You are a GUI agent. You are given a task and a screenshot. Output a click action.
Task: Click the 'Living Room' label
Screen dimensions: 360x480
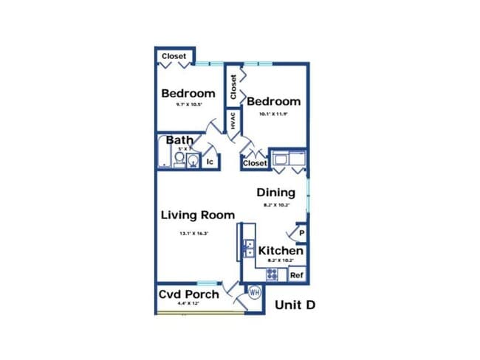[198, 215]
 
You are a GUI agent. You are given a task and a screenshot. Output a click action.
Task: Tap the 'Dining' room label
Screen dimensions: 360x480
[276, 193]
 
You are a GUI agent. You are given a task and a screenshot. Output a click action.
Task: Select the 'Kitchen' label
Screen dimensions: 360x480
[281, 251]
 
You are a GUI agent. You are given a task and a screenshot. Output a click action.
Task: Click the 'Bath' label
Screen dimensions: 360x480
[179, 140]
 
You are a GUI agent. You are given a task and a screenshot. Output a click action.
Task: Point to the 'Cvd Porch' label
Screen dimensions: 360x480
[189, 295]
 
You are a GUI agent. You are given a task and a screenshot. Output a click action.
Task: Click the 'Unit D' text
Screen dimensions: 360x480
[295, 305]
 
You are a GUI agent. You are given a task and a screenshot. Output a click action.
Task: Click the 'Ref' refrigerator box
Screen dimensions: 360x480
[297, 275]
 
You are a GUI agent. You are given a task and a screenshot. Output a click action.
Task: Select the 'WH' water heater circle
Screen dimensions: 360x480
[255, 292]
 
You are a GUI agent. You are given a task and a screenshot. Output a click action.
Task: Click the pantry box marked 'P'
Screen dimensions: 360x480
[301, 234]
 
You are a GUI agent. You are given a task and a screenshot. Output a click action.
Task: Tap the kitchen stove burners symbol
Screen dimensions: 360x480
[272, 274]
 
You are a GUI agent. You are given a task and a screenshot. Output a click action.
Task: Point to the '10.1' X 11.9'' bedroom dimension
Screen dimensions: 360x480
[273, 114]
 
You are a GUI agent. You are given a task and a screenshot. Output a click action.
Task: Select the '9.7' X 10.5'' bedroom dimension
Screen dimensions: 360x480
[188, 105]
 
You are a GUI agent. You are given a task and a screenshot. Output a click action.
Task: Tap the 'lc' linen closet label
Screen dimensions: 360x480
[210, 162]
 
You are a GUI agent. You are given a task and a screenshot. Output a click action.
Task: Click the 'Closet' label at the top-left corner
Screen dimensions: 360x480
[174, 56]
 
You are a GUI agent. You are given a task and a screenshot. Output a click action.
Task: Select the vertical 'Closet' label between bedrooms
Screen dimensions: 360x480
[233, 87]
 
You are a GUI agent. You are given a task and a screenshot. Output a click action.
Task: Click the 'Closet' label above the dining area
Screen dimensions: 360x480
[255, 163]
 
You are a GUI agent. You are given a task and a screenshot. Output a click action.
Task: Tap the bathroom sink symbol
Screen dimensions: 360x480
[192, 161]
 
